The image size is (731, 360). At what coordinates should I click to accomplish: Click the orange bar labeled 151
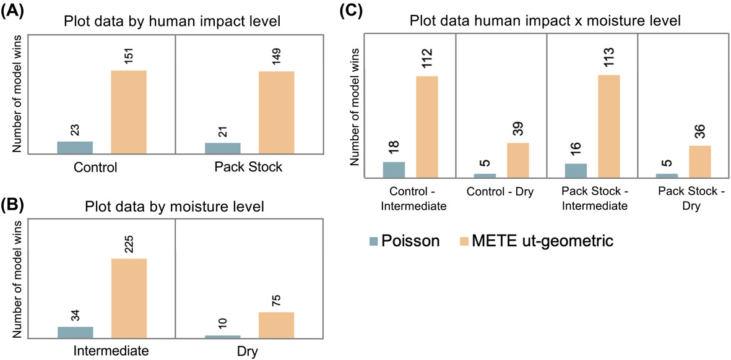[129, 112]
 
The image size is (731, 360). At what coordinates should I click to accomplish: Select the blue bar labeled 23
[75, 147]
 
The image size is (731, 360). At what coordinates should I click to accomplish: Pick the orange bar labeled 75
[276, 325]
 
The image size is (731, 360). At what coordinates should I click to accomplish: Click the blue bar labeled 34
[75, 332]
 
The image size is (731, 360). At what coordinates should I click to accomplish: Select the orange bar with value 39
[518, 161]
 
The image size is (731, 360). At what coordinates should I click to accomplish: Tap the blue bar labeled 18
[394, 170]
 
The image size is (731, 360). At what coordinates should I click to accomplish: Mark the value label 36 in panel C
[699, 129]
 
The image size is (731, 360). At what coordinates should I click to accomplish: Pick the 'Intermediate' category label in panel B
[111, 351]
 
